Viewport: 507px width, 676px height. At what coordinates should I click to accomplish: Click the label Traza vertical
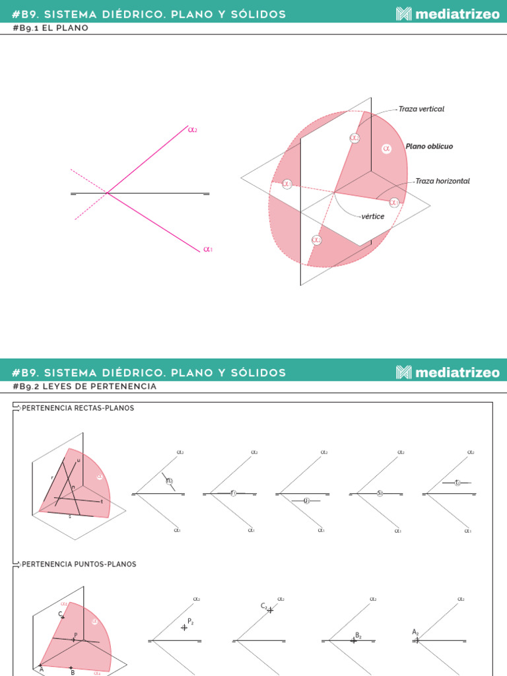coord(421,109)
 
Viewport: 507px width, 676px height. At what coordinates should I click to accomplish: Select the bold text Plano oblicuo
coord(429,147)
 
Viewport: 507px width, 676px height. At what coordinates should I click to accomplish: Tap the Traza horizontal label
coord(442,181)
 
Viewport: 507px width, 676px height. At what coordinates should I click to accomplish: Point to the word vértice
coord(373,217)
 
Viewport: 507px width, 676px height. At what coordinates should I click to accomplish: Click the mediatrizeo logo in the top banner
coord(448,14)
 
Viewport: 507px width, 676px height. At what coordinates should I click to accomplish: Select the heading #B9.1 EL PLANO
coord(51,28)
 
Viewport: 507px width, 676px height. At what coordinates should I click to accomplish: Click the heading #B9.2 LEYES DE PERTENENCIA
coord(84,386)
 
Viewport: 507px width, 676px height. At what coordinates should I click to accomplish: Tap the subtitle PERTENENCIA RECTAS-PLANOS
coord(78,408)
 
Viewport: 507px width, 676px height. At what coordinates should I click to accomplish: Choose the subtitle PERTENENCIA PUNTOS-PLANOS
coord(79,564)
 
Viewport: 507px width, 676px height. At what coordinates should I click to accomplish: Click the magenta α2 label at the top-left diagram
coord(193,130)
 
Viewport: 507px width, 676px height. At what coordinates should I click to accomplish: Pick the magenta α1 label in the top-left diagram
coord(208,250)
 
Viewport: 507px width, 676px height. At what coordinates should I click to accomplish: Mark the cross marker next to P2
coord(184,627)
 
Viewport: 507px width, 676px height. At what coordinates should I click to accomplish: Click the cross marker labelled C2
coord(270,610)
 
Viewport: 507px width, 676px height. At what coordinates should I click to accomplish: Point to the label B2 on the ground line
coord(358,635)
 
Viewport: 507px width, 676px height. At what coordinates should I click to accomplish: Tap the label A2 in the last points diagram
coord(415,632)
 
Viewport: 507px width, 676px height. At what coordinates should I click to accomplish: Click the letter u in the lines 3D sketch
coord(79,460)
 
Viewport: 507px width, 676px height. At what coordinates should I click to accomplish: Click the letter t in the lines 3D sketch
coord(102,502)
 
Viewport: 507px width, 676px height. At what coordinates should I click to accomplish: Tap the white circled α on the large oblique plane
coord(387,149)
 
